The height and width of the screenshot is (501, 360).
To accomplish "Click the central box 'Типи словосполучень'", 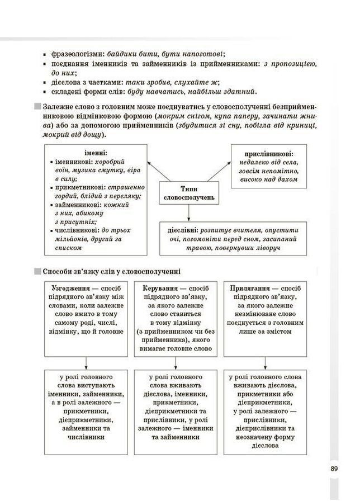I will (189, 193).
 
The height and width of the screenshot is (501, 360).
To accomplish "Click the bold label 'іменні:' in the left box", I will (96, 153).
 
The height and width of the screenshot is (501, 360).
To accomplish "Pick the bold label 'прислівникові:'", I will (269, 154).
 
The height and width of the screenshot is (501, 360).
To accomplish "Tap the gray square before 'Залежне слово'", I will (37, 106).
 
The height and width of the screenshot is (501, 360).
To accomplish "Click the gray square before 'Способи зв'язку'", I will (37, 271).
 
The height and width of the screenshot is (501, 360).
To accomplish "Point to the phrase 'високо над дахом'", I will (269, 180).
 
